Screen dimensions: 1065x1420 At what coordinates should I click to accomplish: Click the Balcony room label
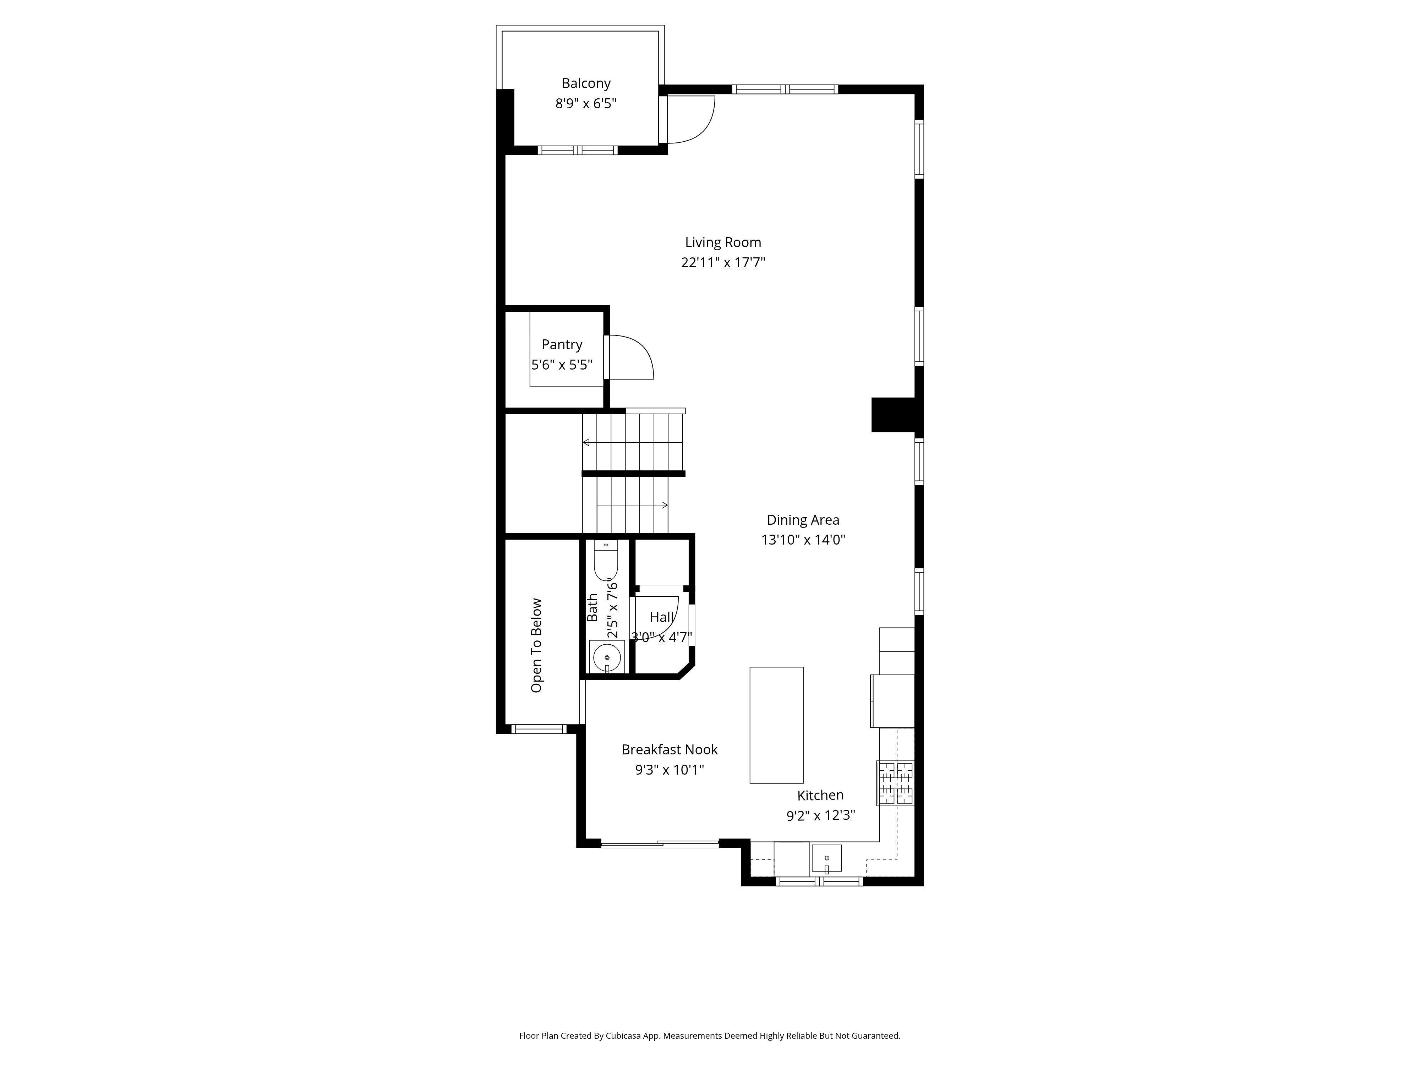click(x=585, y=83)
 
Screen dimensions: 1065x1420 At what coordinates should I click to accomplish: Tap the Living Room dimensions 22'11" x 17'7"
click(x=723, y=263)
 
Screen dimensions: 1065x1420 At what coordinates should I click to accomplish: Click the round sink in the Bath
click(x=607, y=657)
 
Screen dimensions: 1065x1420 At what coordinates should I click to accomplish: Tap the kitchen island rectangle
click(x=776, y=725)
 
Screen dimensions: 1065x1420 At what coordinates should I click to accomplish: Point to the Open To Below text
click(x=536, y=645)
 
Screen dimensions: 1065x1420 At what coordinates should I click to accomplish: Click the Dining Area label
click(x=802, y=520)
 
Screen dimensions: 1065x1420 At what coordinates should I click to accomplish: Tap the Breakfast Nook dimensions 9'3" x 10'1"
click(x=669, y=770)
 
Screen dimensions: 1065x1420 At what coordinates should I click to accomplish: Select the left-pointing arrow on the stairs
click(x=586, y=442)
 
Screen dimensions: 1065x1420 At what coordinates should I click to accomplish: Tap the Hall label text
click(x=661, y=617)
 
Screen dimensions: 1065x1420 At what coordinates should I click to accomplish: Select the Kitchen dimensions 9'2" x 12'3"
click(x=820, y=816)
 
